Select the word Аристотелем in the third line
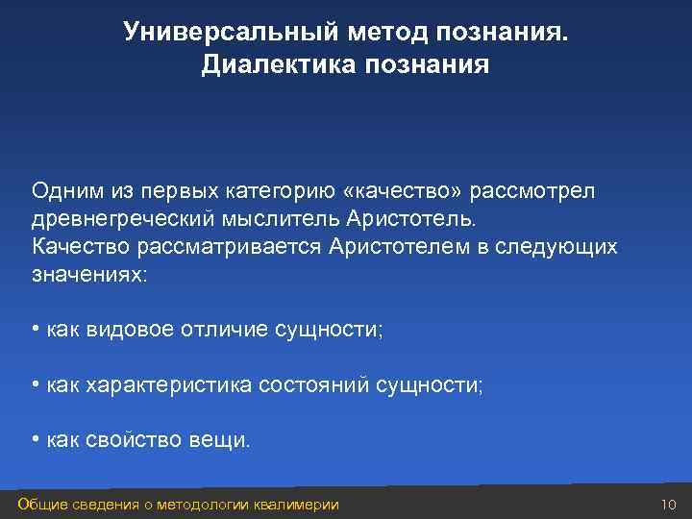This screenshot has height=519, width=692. coord(397,246)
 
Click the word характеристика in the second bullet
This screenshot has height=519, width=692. coord(169,385)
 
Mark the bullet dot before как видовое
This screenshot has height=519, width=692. coord(35,330)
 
